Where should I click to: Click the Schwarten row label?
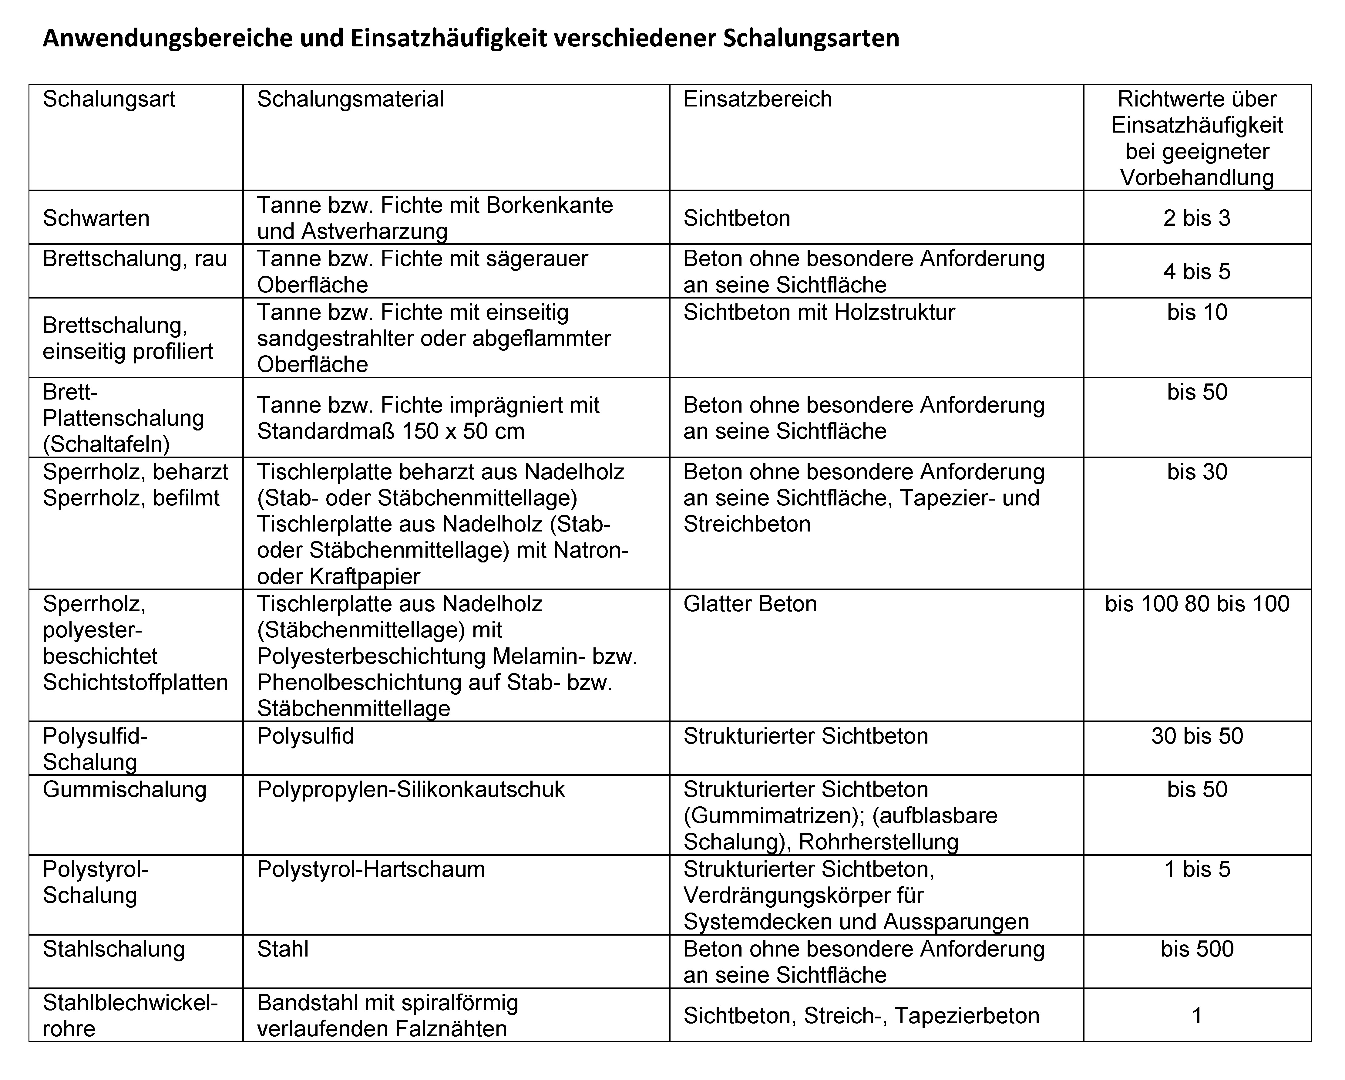pyautogui.click(x=96, y=218)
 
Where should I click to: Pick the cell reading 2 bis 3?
pyautogui.click(x=1196, y=218)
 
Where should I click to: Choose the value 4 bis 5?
pyautogui.click(x=1196, y=272)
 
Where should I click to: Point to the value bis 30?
pyautogui.click(x=1196, y=472)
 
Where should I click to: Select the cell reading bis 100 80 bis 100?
pyautogui.click(x=1196, y=604)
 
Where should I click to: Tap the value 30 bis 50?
pyautogui.click(x=1196, y=736)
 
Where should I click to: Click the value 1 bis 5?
pyautogui.click(x=1196, y=869)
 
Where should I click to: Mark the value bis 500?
pyautogui.click(x=1196, y=949)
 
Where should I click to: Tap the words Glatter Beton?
pyautogui.click(x=750, y=604)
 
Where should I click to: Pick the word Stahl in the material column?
pyautogui.click(x=283, y=949)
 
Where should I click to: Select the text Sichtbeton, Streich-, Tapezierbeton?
pyautogui.click(x=861, y=1016)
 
